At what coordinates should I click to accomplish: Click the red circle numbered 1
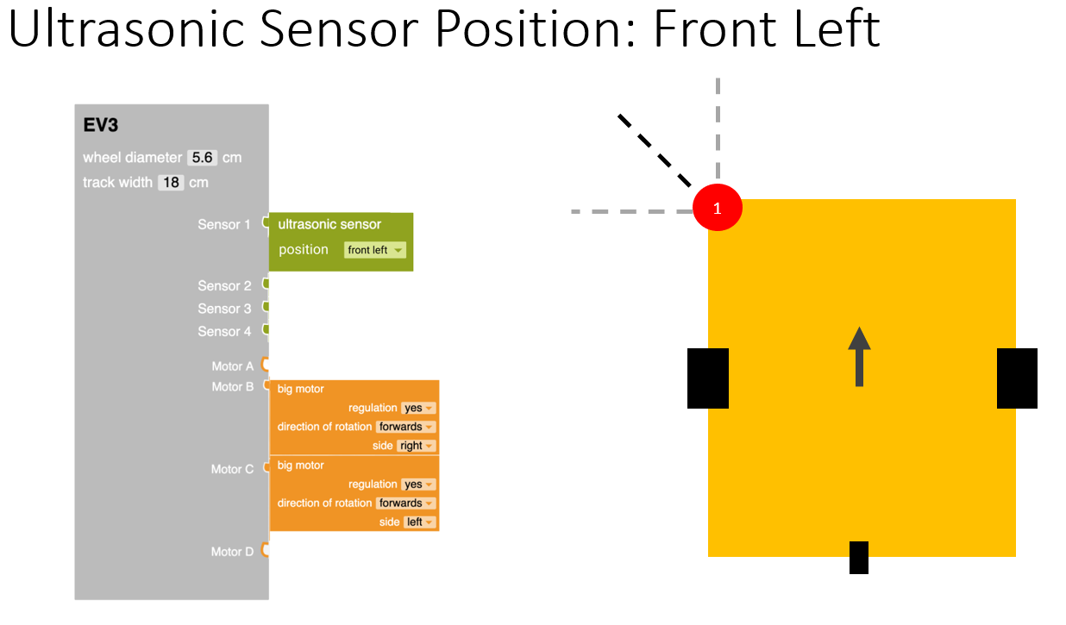pyautogui.click(x=718, y=208)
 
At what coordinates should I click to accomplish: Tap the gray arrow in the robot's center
pyautogui.click(x=859, y=357)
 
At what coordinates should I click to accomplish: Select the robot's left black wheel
pyautogui.click(x=708, y=378)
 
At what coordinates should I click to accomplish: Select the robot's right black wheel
pyautogui.click(x=1017, y=378)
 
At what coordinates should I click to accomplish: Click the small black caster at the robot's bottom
pyautogui.click(x=858, y=557)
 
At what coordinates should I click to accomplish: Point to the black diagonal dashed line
pyautogui.click(x=655, y=150)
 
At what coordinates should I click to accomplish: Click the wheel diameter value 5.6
pyautogui.click(x=203, y=158)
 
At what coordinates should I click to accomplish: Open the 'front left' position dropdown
pyautogui.click(x=374, y=250)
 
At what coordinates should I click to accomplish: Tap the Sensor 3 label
pyautogui.click(x=224, y=309)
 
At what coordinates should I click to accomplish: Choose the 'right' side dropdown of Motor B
pyautogui.click(x=416, y=446)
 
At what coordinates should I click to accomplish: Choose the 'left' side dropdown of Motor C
pyautogui.click(x=419, y=522)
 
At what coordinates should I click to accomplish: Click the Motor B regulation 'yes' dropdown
pyautogui.click(x=418, y=408)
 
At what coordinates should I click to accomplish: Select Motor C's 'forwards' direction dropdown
pyautogui.click(x=405, y=503)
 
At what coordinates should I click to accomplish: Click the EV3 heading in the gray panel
pyautogui.click(x=101, y=126)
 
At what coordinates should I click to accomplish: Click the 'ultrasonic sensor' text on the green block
pyautogui.click(x=329, y=224)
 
